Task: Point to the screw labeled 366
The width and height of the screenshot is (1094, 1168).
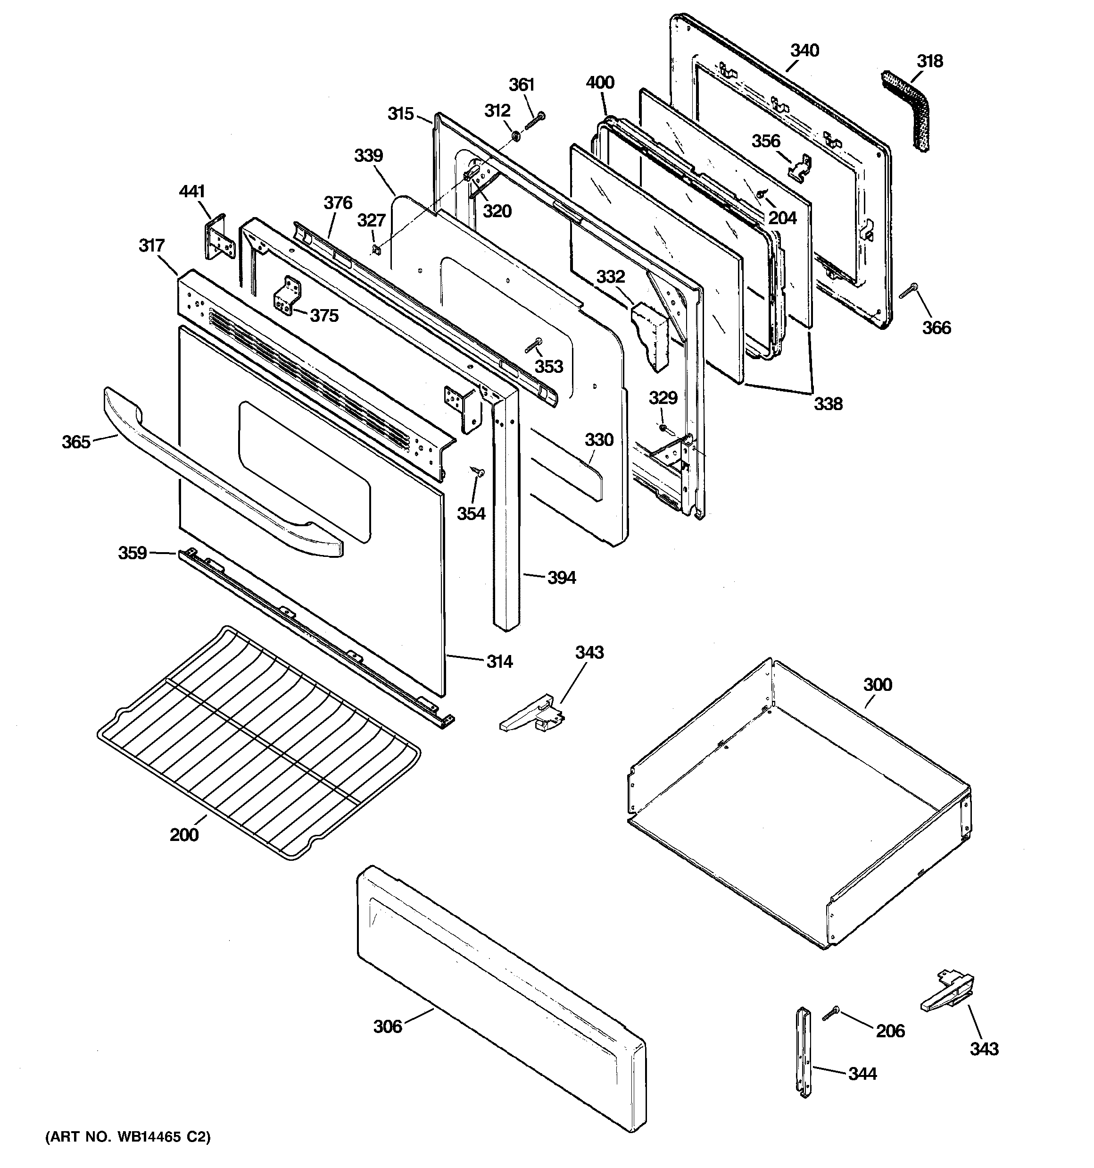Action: coord(908,290)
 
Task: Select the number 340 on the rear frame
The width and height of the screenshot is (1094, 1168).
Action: coord(804,50)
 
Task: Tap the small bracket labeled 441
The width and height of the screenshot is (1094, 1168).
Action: coord(219,236)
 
